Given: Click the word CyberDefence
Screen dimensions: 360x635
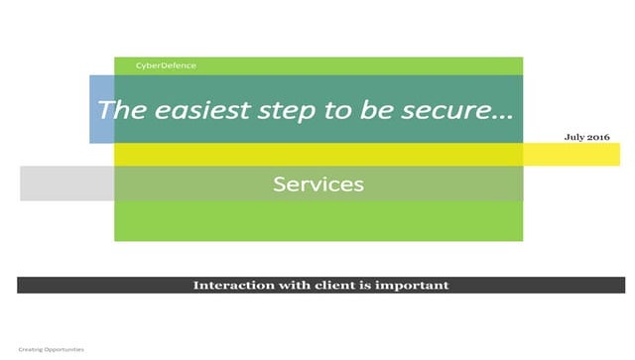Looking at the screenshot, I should [166, 65].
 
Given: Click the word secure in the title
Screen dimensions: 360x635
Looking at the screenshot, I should [441, 110].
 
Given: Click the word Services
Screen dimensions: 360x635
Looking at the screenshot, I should [318, 183].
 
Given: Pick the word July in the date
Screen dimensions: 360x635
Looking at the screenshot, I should [574, 137].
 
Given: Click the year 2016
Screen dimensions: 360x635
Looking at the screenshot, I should [598, 137].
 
